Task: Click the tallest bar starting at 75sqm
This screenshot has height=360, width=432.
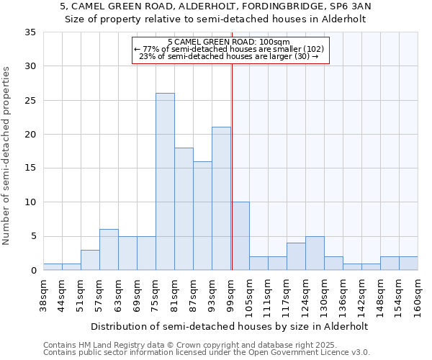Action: (x=165, y=181)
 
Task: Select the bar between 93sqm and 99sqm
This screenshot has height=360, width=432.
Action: (x=221, y=199)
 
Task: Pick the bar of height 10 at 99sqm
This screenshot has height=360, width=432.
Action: (x=240, y=236)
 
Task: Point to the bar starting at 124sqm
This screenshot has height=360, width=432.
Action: (x=315, y=253)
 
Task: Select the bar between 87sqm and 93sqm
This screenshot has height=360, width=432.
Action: (x=202, y=216)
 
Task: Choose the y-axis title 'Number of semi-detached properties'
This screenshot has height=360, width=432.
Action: (x=7, y=156)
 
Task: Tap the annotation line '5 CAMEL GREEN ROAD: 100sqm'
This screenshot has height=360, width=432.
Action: (x=228, y=42)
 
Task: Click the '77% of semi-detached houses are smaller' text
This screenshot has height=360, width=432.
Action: (x=229, y=49)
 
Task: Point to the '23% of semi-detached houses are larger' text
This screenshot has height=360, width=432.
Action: (x=228, y=56)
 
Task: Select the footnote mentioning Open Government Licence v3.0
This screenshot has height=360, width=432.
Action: (x=207, y=353)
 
